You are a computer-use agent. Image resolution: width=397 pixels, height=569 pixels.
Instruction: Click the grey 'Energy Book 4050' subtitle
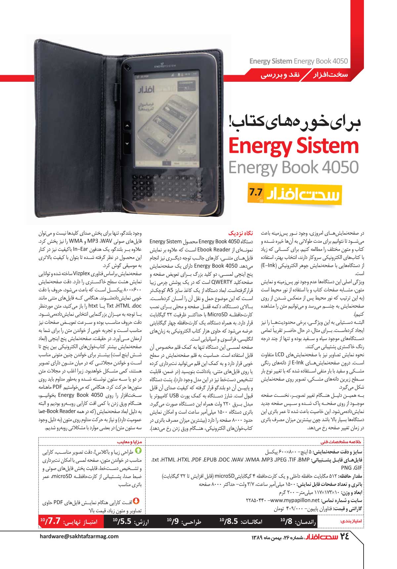(x=293, y=167)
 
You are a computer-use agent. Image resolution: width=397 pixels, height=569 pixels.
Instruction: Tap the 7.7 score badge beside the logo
(x=256, y=192)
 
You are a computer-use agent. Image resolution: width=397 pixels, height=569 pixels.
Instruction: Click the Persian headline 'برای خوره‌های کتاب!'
(x=294, y=122)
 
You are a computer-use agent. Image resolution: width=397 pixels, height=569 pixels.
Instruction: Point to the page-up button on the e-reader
(x=127, y=126)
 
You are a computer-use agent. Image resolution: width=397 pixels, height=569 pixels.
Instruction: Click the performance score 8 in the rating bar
(x=288, y=522)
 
